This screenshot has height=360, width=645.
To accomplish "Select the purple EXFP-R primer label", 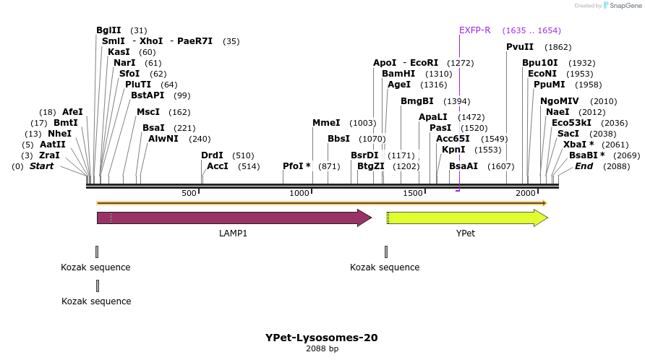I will (475, 30).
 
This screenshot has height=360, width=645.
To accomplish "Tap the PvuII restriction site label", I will (520, 47).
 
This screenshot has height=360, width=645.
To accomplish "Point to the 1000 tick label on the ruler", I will (299, 193).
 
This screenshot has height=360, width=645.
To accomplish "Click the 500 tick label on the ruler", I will (189, 193).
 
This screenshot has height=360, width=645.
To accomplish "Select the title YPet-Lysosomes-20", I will (321, 338).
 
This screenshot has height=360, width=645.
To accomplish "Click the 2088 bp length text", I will (321, 348).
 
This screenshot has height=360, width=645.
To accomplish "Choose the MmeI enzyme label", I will (326, 123).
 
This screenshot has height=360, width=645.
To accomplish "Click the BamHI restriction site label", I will (398, 74).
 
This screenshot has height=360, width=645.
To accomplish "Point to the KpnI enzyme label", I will (453, 150).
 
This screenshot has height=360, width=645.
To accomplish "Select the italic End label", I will (584, 166).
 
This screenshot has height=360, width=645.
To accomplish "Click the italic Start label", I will (41, 166).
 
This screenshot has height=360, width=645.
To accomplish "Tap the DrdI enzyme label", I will (212, 155).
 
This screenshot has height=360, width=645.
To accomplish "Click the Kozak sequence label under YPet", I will (385, 267).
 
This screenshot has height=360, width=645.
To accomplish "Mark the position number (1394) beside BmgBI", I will (456, 101).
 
